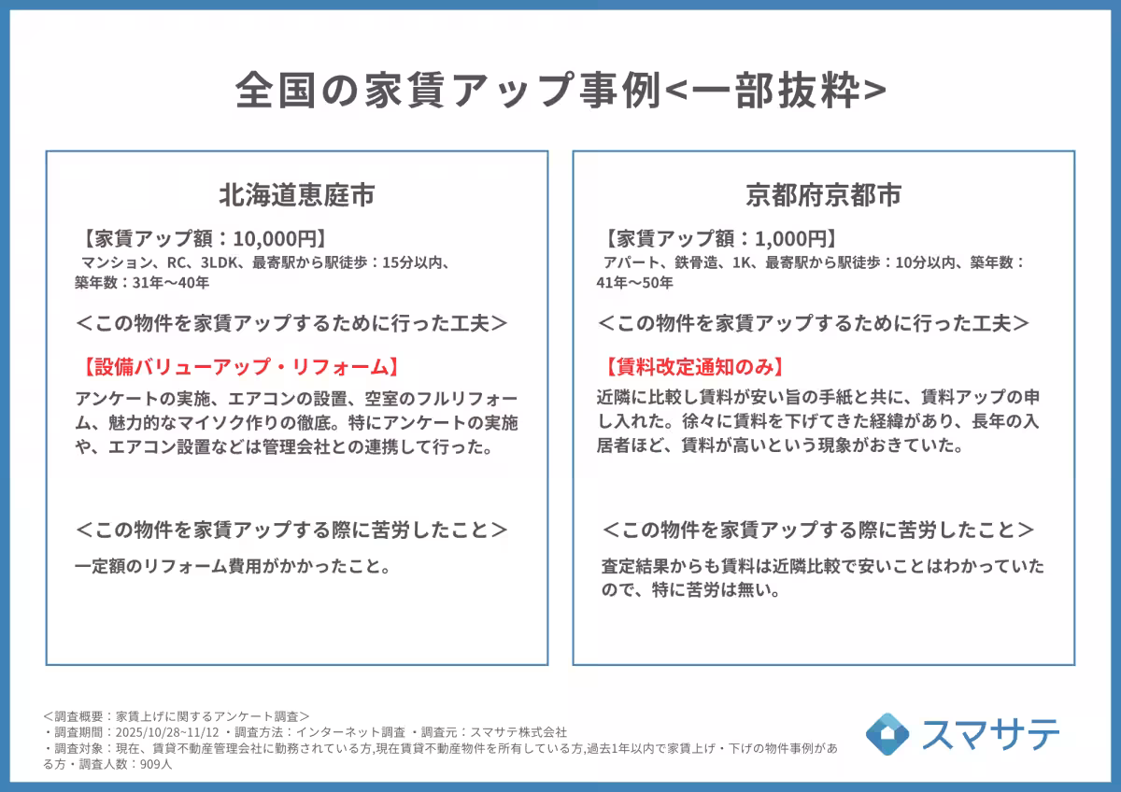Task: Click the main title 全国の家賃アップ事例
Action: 447,91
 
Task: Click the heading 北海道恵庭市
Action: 297,196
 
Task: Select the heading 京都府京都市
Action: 823,196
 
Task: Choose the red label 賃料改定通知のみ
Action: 693,366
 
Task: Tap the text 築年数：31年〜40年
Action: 142,281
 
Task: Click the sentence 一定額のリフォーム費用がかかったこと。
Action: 232,566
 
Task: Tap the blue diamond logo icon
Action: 887,734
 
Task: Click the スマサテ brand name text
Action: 991,734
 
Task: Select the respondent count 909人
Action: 155,764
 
